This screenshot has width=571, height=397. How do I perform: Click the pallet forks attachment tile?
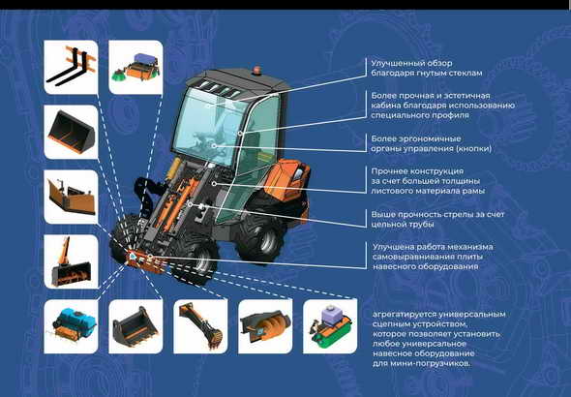pos(71,67)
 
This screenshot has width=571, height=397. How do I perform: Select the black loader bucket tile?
pos(71,132)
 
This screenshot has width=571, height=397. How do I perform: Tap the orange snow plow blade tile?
pos(71,197)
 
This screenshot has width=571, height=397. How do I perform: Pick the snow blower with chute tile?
pos(71,261)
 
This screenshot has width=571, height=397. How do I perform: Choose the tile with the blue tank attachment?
pos(71,326)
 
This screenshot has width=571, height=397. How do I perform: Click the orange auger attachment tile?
pos(265,326)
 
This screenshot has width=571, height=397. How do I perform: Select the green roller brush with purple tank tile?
pos(330,326)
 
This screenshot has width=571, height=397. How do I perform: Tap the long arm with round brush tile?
pos(200,326)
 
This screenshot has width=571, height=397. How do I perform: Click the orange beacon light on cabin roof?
pos(257,70)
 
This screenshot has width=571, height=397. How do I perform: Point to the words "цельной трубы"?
pos(403,225)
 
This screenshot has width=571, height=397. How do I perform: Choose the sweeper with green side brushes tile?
pos(135,67)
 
